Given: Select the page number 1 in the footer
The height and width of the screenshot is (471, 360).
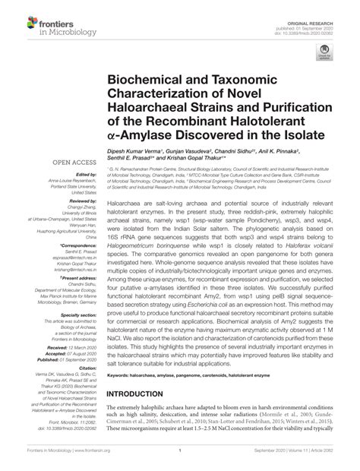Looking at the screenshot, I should tap(179, 461).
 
